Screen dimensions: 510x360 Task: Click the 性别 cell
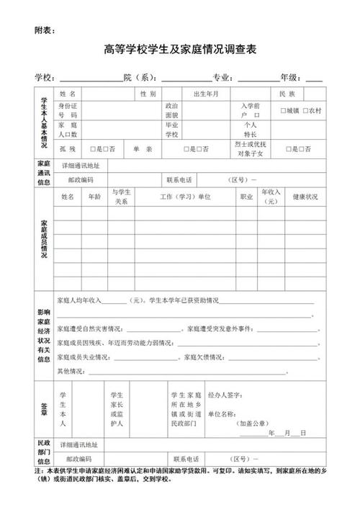pos(148,94)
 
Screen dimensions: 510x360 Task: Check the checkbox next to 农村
pos(305,111)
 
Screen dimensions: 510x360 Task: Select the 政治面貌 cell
pos(172,110)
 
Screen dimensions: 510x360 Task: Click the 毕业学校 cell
pos(172,130)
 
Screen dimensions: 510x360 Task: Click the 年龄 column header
pos(95,197)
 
